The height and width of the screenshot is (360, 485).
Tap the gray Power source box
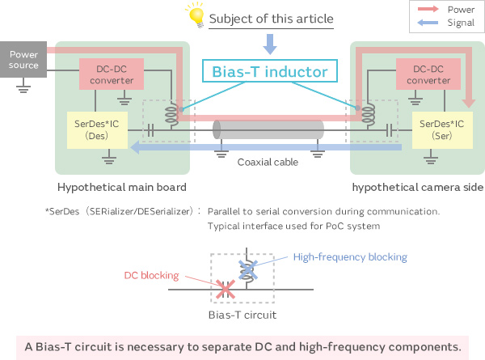click(23, 59)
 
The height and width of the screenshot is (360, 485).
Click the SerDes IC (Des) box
click(91, 129)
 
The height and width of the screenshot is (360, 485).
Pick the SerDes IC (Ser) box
click(436, 129)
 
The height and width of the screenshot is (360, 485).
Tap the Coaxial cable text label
click(266, 162)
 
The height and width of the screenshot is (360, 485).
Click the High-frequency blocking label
click(350, 257)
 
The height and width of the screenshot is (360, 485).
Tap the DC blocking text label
click(150, 276)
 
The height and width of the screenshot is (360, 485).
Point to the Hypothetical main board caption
click(123, 188)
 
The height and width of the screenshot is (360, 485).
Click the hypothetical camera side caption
click(417, 188)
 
